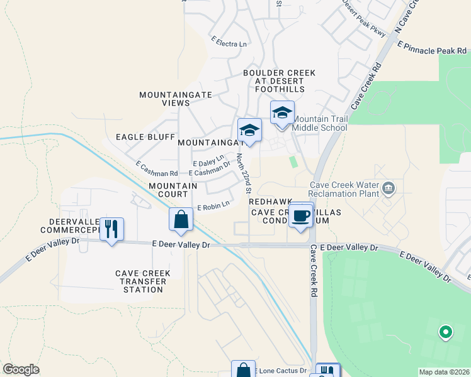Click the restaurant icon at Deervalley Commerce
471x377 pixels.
pyautogui.click(x=111, y=229)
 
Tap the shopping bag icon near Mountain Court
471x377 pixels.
pyautogui.click(x=181, y=219)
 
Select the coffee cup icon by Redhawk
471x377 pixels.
pyautogui.click(x=301, y=215)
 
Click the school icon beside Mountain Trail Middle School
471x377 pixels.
pyautogui.click(x=281, y=114)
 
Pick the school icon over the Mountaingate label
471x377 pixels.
pyautogui.click(x=250, y=130)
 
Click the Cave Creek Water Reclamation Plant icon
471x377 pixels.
pyautogui.click(x=389, y=188)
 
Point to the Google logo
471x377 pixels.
pyautogui.click(x=21, y=369)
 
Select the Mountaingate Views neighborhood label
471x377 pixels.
pyautogui.click(x=164, y=99)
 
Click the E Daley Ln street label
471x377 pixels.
pyautogui.click(x=208, y=160)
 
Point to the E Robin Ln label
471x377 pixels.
pyautogui.click(x=213, y=205)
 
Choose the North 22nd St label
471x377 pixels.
pyautogui.click(x=244, y=174)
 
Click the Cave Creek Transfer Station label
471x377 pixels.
pyautogui.click(x=140, y=281)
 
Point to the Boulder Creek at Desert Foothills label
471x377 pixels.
pyautogui.click(x=280, y=81)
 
